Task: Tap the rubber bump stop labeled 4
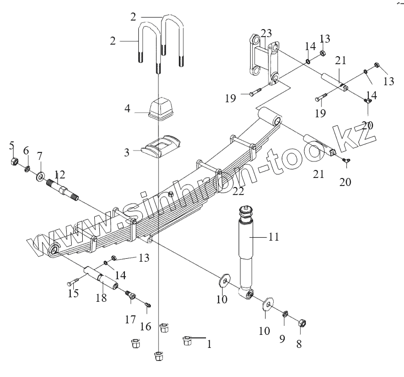click(x=160, y=109)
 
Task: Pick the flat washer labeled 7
click(x=39, y=176)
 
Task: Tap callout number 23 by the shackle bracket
click(x=266, y=33)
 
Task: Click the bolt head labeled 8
click(x=303, y=324)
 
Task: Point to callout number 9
click(x=282, y=339)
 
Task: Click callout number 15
click(x=73, y=293)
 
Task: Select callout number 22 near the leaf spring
click(x=238, y=191)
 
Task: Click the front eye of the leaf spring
click(x=54, y=249)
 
